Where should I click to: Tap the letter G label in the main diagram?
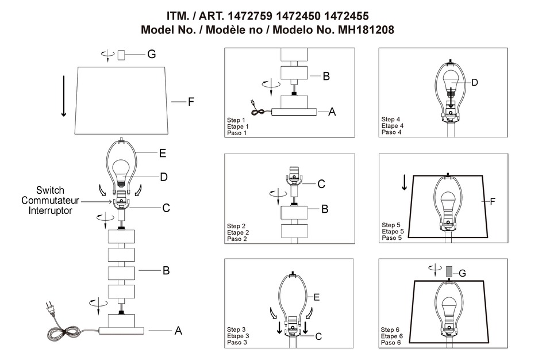coord(151,54)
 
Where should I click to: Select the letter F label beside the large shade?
coord(191,102)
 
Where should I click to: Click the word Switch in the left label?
coord(50,190)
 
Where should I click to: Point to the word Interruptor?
coord(51,211)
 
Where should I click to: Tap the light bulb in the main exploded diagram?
coord(121,170)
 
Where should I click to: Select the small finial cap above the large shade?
coord(121,55)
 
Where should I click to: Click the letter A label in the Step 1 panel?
coord(332,113)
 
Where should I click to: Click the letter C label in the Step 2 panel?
coord(321,184)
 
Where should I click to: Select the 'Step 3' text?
coord(237,329)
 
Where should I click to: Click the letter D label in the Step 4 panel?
coord(475,83)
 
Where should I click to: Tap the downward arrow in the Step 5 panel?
coord(405,182)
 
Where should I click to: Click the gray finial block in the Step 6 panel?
coord(450,271)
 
